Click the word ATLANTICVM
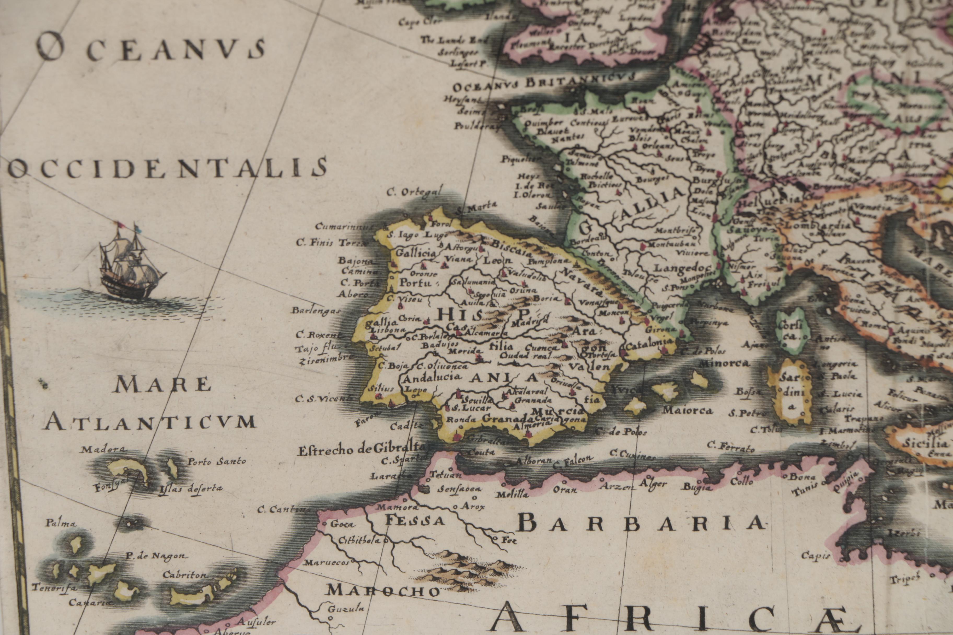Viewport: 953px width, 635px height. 150,422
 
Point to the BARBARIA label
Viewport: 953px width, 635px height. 640,524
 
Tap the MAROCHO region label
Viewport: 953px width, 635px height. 383,591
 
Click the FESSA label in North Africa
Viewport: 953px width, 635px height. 414,520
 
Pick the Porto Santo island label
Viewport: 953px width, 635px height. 216,461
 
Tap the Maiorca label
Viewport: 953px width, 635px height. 687,410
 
